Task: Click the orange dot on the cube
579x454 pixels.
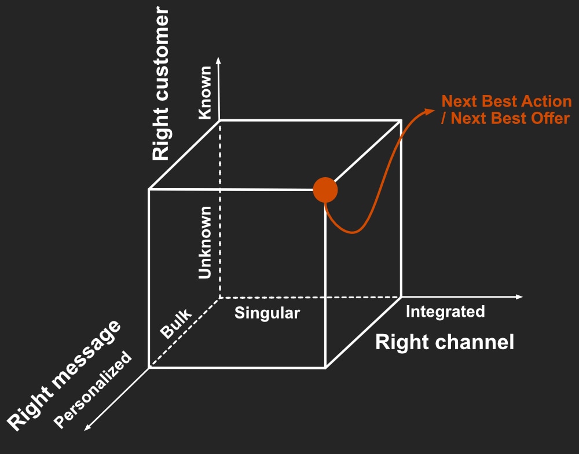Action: click(x=325, y=190)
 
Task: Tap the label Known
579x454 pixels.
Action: click(x=206, y=93)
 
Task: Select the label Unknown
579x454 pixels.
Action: click(x=206, y=243)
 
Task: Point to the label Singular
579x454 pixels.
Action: click(x=267, y=314)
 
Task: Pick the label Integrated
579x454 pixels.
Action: click(x=445, y=312)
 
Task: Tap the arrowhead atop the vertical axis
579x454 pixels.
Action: click(x=218, y=59)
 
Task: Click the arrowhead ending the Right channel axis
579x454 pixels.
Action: click(x=519, y=297)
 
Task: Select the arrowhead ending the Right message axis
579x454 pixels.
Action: click(x=87, y=428)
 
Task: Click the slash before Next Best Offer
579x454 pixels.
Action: click(x=445, y=118)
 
